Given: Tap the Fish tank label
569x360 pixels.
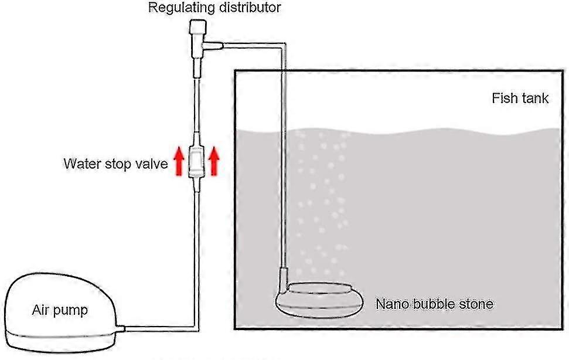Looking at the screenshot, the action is (520, 98).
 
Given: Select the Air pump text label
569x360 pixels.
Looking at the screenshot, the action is (60, 310).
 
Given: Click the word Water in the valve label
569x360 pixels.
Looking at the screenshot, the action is (82, 164).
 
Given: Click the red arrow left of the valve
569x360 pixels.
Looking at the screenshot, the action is (178, 161).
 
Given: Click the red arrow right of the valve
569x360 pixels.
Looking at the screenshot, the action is (214, 161).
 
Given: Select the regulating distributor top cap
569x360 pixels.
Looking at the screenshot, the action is (197, 26).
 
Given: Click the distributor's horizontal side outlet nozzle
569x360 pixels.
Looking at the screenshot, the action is (213, 45).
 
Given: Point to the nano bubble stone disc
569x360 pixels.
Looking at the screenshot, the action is (319, 300).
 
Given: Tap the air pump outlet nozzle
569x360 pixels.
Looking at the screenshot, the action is (121, 328).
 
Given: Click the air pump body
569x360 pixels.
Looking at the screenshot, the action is (60, 313).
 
